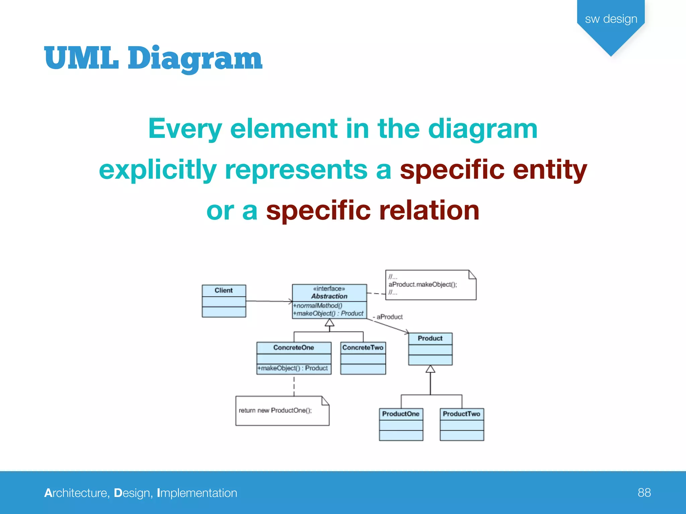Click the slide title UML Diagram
[x=153, y=59]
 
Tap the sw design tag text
[x=611, y=19]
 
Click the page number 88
[x=644, y=493]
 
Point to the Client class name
[x=223, y=290]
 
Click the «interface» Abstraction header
[x=329, y=292]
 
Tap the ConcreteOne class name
[x=293, y=347]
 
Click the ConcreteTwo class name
[x=363, y=347]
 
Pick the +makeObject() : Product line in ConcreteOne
[x=293, y=368]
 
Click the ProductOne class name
[x=401, y=414]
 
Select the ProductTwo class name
[x=461, y=414]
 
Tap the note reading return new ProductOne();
[x=275, y=410]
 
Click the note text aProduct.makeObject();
[x=422, y=284]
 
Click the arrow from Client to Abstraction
[x=268, y=301]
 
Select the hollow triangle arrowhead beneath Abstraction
[x=330, y=323]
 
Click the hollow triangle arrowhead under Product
[x=430, y=369]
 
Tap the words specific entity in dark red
[x=493, y=170]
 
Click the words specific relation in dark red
[x=372, y=210]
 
